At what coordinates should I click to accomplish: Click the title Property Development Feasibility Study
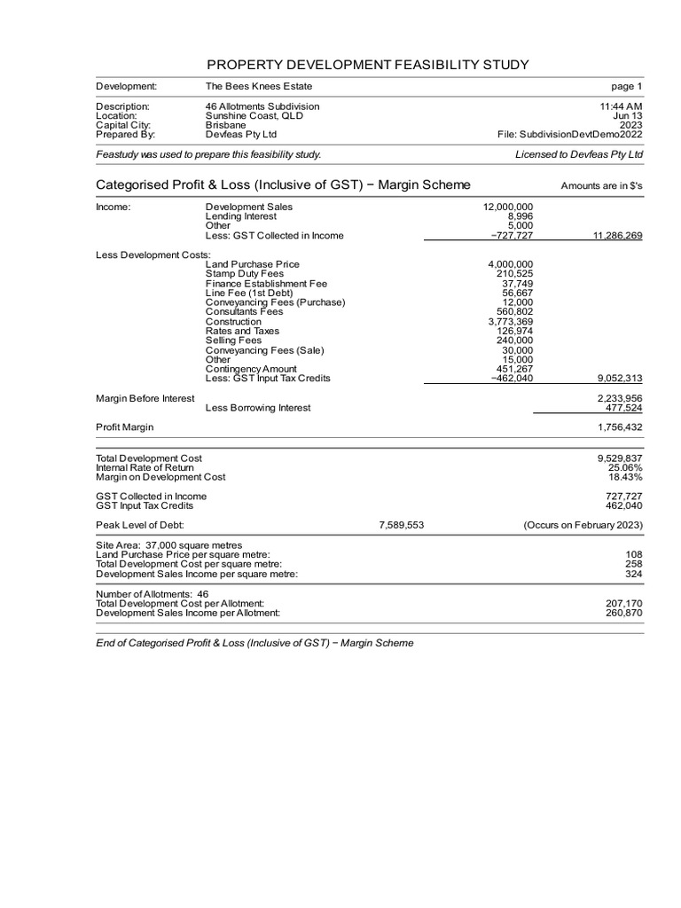tap(367, 65)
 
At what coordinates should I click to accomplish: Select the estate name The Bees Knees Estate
tap(259, 86)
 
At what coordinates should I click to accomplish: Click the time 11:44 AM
tap(621, 106)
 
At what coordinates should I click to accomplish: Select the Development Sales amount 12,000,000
tap(508, 207)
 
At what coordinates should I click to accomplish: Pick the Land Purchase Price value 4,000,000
tap(511, 264)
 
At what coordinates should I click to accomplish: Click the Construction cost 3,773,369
tap(511, 322)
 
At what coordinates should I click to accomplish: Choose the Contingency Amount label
tap(251, 369)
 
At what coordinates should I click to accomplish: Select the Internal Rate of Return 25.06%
tap(625, 467)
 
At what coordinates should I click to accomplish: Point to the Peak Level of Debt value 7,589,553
tap(401, 525)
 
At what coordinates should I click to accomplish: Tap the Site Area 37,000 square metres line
tap(168, 545)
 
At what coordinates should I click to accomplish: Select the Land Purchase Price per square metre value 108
tap(634, 555)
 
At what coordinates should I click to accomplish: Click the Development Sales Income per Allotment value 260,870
tap(623, 613)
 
